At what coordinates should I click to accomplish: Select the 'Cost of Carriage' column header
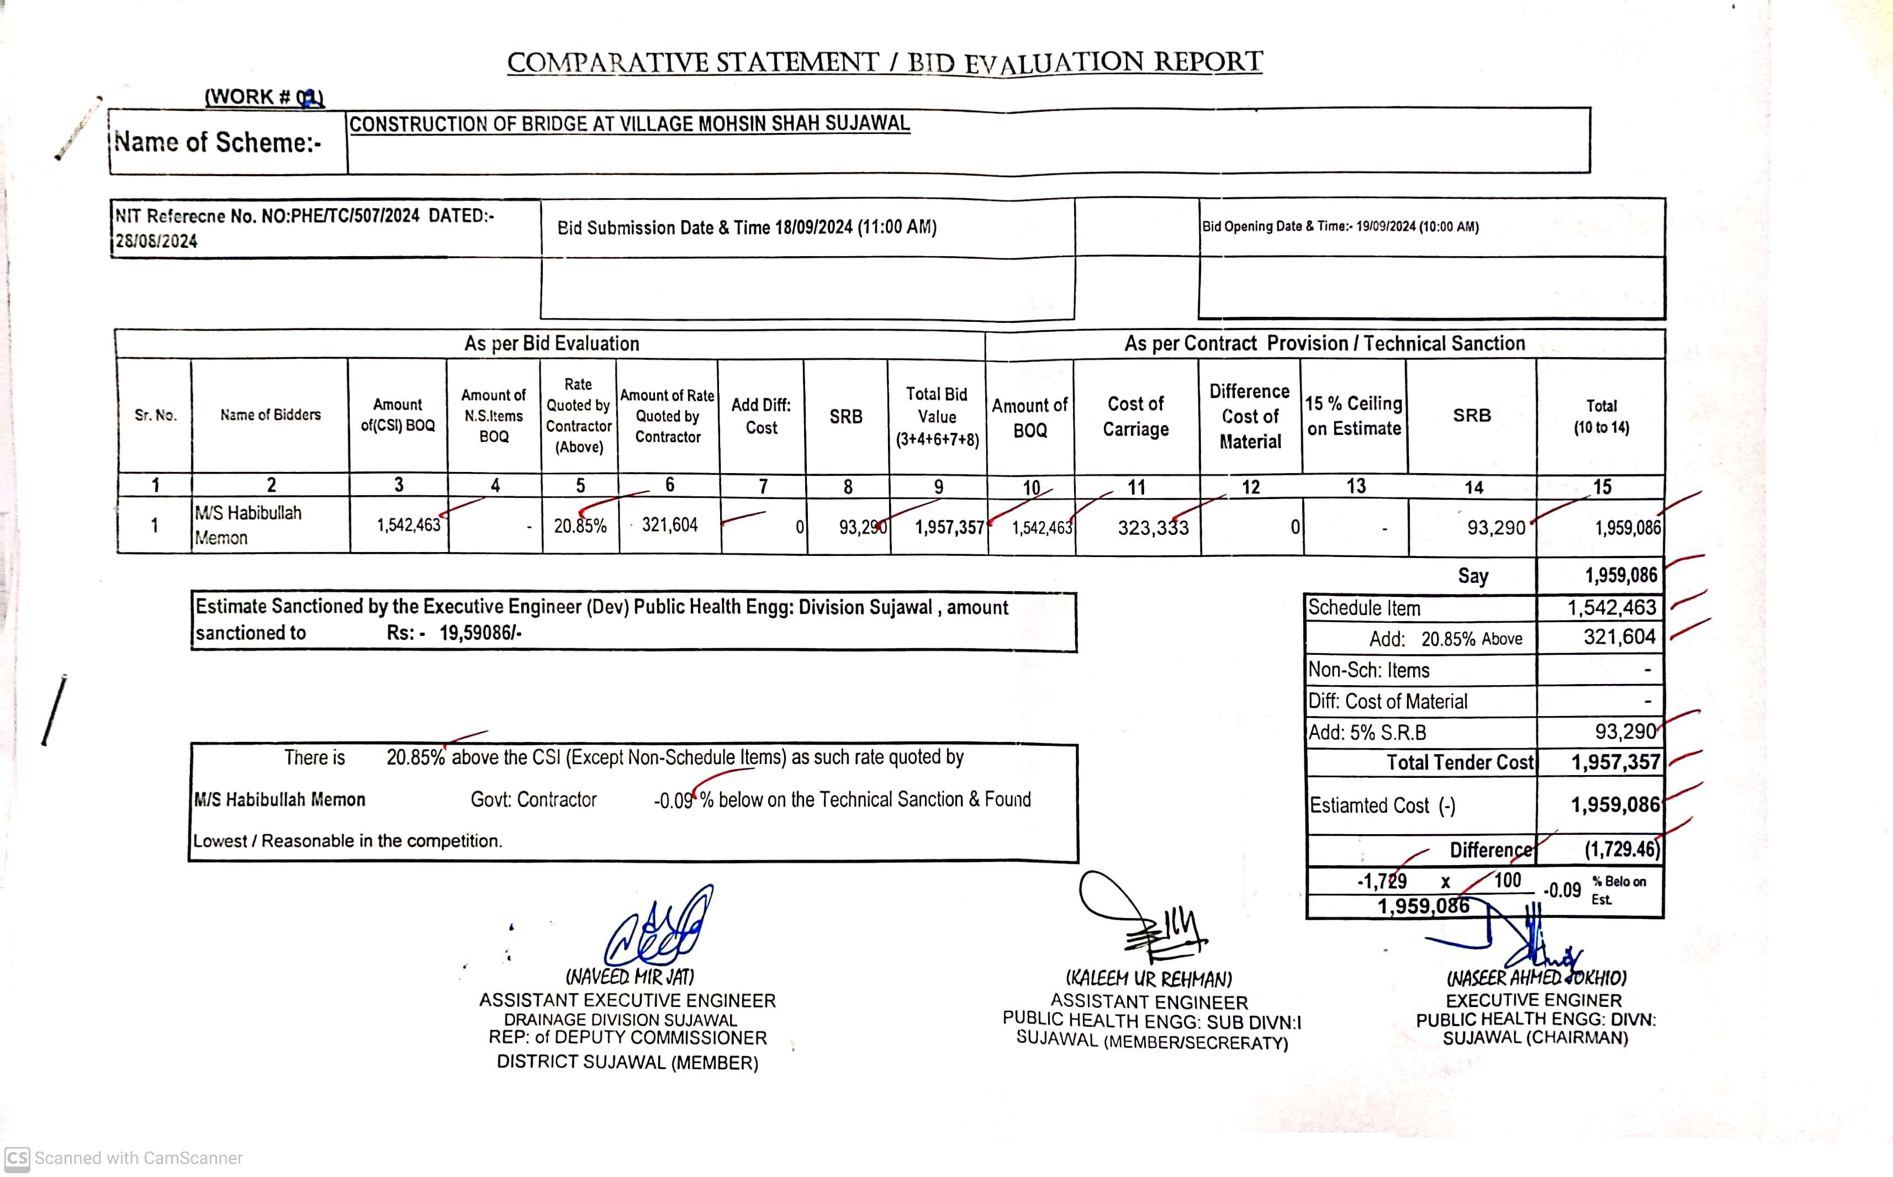[1135, 416]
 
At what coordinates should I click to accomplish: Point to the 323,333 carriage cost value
[1152, 528]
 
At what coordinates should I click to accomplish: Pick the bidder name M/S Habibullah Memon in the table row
[247, 524]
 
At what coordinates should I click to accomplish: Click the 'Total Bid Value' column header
[937, 416]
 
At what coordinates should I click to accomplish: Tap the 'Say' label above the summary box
[1473, 576]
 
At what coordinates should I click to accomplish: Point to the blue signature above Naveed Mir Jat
[659, 928]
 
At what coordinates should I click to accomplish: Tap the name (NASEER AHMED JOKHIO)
[1536, 978]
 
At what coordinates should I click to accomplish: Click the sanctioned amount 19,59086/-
[480, 633]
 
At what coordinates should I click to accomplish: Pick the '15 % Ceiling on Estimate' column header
[1354, 416]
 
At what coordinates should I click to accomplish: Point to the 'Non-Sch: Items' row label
[1368, 670]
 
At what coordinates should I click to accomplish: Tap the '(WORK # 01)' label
[264, 97]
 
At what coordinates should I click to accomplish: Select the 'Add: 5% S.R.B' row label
[1367, 733]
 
